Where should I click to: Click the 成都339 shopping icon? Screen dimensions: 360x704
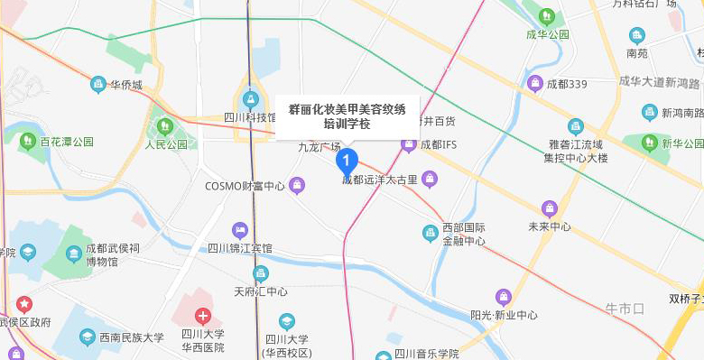pos(534,84)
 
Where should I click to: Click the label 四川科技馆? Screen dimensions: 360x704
pos(250,117)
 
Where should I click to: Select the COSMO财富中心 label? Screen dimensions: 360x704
pos(245,186)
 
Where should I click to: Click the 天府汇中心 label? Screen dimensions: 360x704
pos(261,291)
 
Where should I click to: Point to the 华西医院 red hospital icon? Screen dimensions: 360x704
pos(205,316)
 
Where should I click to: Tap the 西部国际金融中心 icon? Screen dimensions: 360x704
pos(431,234)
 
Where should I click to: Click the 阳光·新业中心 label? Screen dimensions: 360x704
pos(504,315)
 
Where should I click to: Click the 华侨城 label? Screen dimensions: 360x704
pos(126,85)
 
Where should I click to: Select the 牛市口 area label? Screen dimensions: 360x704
pos(625,309)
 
